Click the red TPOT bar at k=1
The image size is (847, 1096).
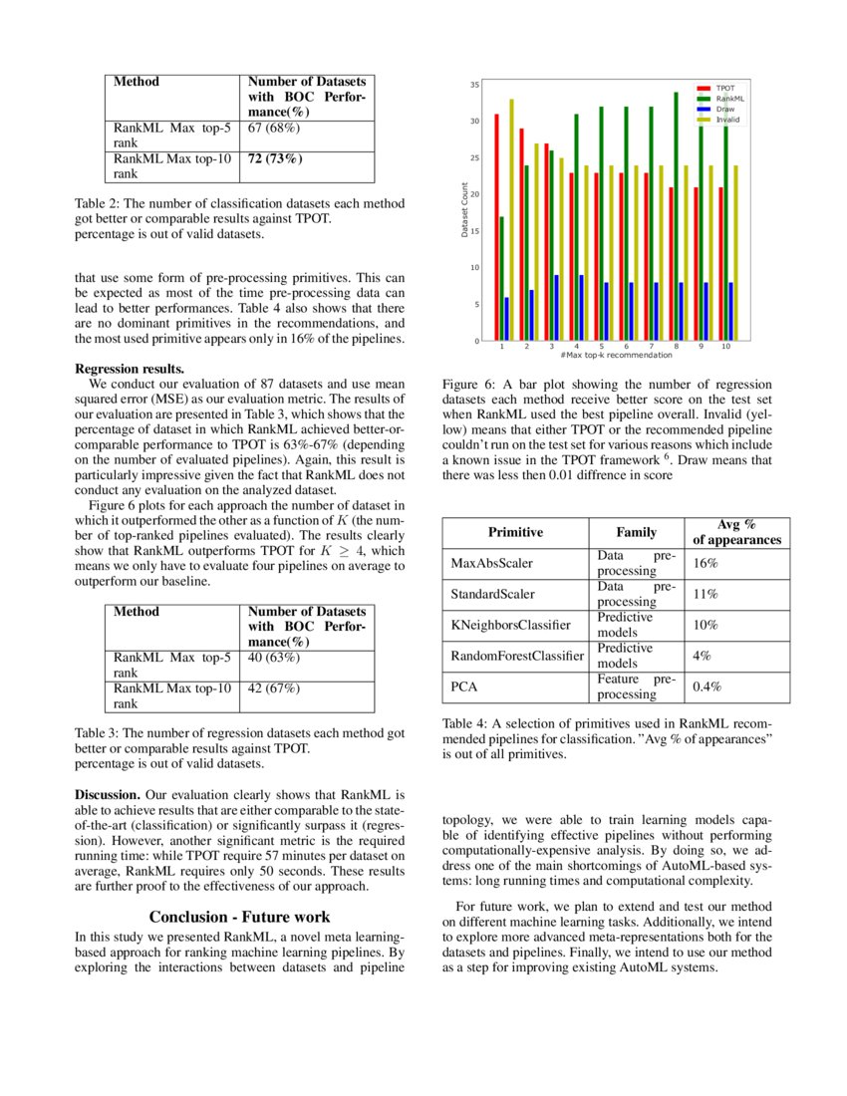(496, 227)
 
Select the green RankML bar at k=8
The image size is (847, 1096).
(677, 216)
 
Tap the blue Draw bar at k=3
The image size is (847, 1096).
(556, 308)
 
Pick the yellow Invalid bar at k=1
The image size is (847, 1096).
(511, 220)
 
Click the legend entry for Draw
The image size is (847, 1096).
(724, 109)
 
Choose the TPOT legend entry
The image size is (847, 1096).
(724, 89)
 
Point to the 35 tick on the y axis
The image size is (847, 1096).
(475, 85)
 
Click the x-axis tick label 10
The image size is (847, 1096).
(725, 347)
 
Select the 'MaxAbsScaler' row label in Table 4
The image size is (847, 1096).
(492, 563)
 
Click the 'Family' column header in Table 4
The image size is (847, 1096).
(637, 532)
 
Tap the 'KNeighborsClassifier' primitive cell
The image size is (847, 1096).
(510, 625)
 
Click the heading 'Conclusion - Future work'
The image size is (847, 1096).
(239, 916)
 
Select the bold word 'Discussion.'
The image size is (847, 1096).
(108, 795)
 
